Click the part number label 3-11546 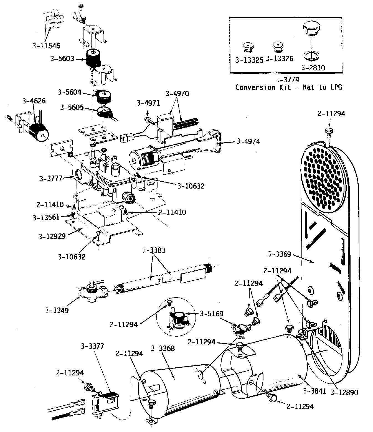coord(46,45)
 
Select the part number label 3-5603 coord(62,59)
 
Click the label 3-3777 coord(51,179)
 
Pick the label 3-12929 coord(52,236)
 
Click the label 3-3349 coord(57,310)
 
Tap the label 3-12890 coord(344,392)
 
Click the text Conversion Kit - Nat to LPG coord(289,87)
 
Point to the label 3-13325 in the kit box coord(249,60)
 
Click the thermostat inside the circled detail coord(178,318)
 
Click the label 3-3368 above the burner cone coord(163,348)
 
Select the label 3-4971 coord(148,103)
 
